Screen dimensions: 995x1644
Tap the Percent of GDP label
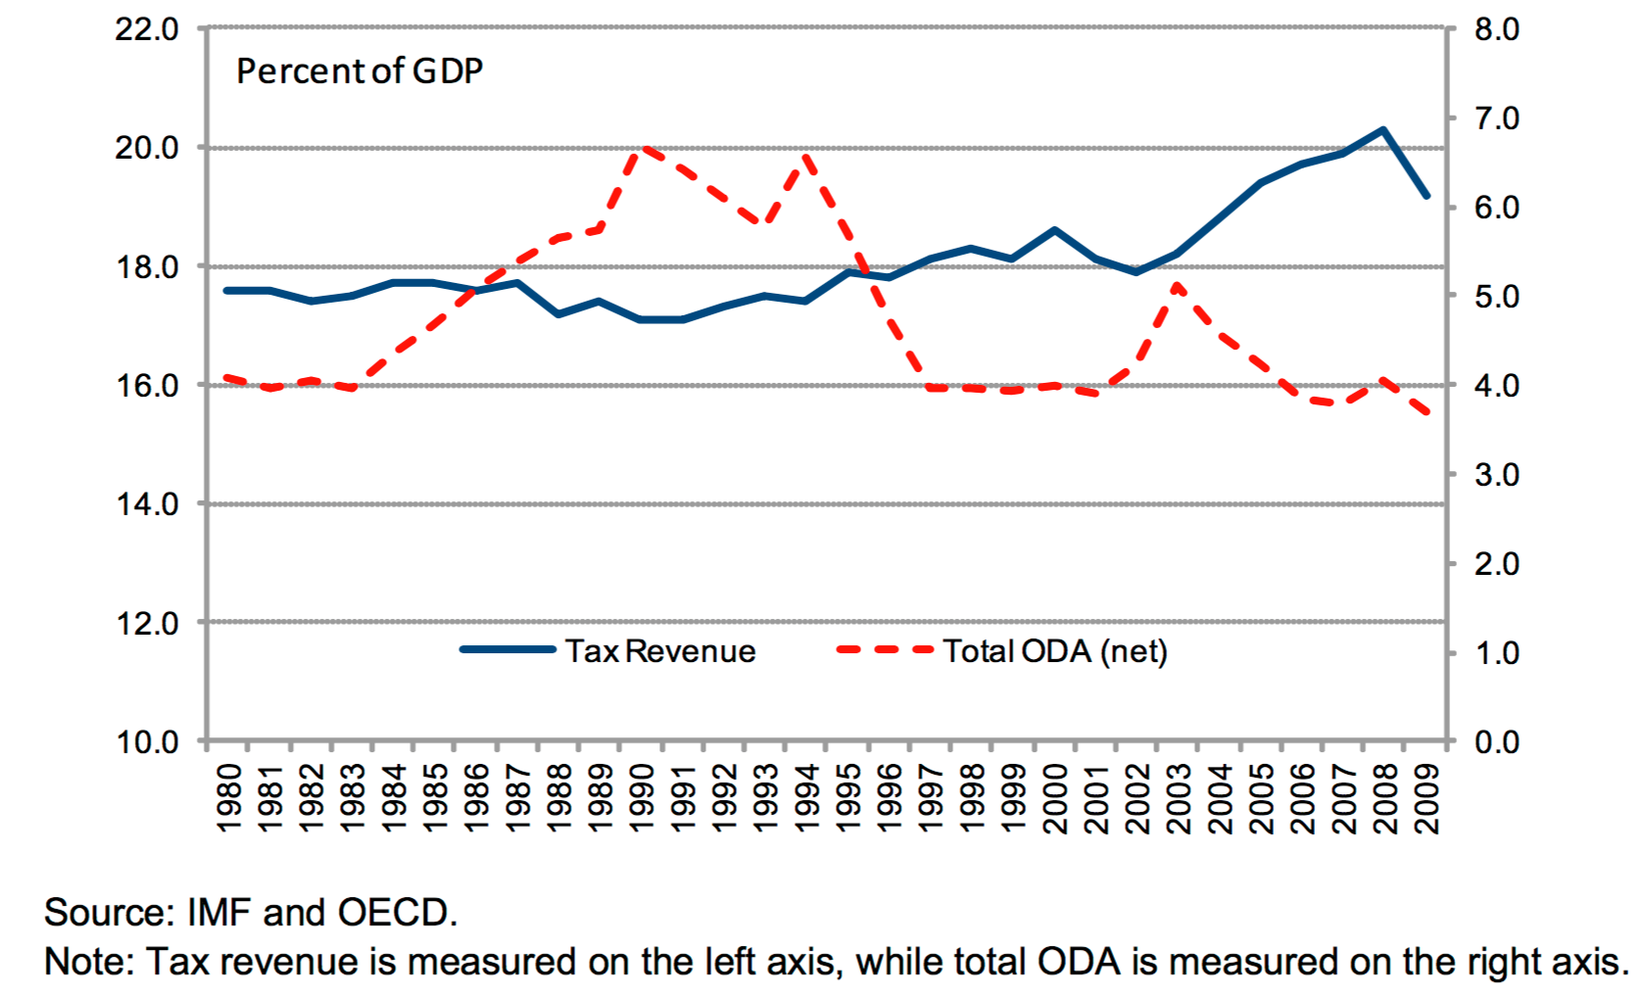click(x=360, y=71)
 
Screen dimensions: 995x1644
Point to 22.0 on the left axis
click(x=147, y=29)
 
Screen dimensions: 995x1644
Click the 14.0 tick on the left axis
click(x=147, y=504)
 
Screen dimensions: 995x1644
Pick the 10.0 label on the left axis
click(x=147, y=742)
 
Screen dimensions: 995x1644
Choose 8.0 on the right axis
click(x=1496, y=29)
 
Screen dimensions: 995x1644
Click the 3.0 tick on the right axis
click(x=1496, y=475)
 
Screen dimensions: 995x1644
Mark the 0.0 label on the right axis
click(x=1496, y=742)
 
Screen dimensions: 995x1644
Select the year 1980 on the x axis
click(x=228, y=798)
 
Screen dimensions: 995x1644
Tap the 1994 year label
click(x=806, y=798)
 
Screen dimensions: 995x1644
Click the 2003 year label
click(x=1179, y=798)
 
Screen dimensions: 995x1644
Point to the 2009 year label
click(x=1426, y=798)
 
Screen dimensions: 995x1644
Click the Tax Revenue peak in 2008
click(x=1382, y=129)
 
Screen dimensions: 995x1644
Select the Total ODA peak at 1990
click(x=643, y=149)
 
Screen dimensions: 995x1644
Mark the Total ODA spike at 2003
click(x=1177, y=286)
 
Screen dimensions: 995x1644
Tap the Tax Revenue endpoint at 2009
click(x=1426, y=196)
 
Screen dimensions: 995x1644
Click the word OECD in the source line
click(x=392, y=913)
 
